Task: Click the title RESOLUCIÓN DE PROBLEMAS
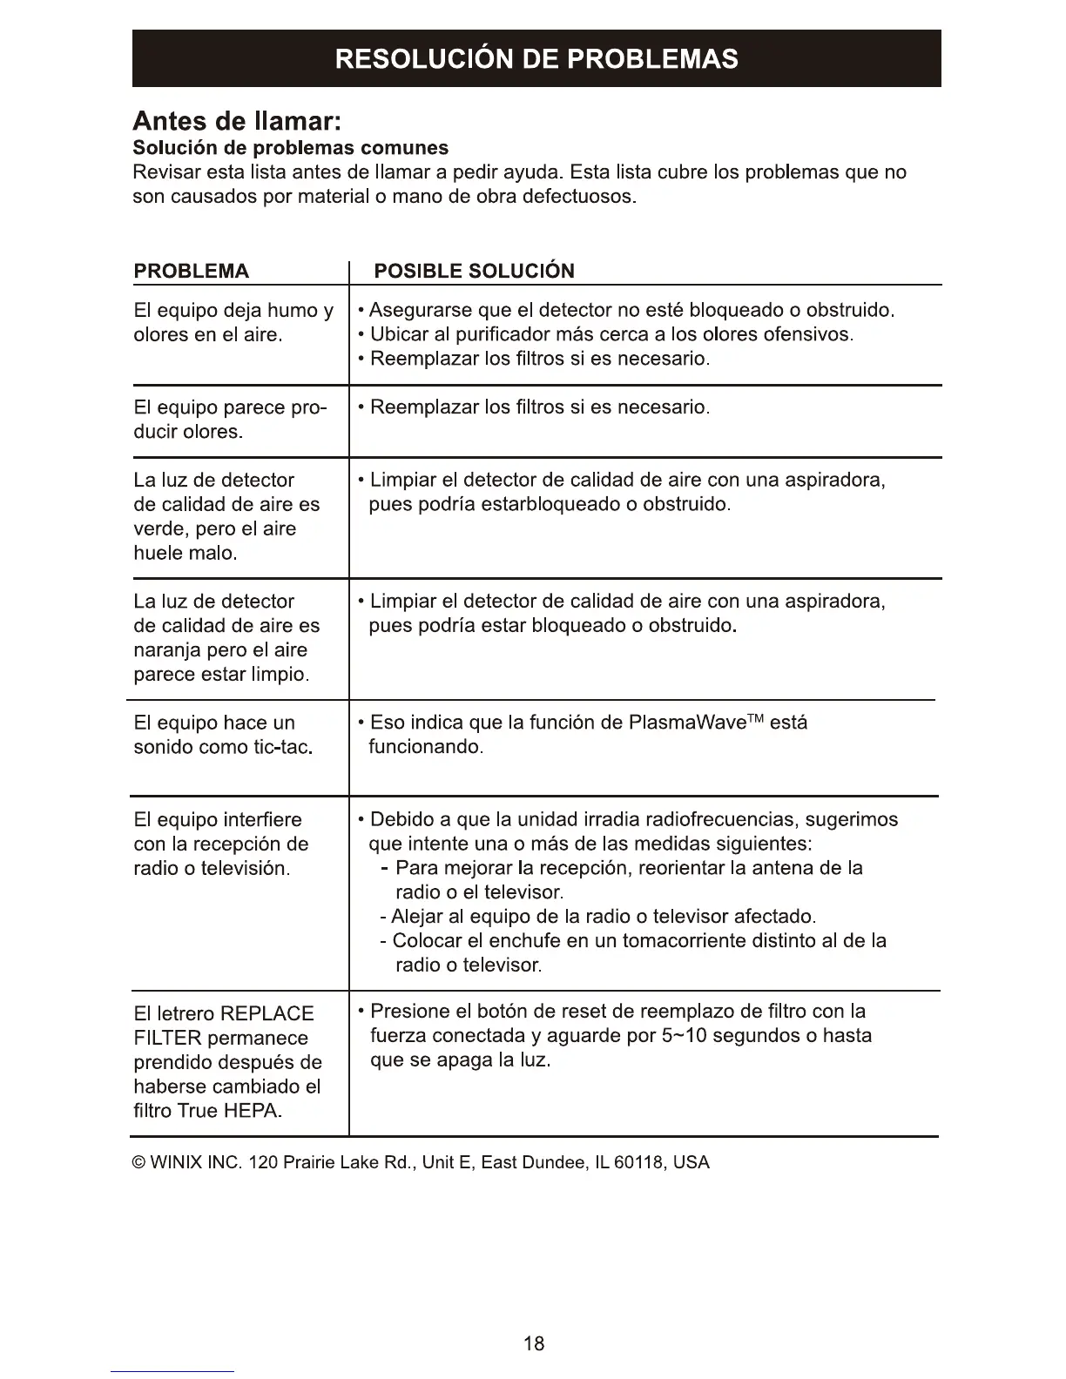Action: (536, 58)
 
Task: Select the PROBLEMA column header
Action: (191, 271)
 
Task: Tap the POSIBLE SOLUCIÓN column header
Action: (474, 271)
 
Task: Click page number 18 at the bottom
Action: (534, 1342)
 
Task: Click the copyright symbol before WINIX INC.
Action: (139, 1162)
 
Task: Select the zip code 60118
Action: (639, 1162)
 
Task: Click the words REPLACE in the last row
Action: (267, 1013)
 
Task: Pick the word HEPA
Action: (252, 1111)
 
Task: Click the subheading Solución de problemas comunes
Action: (291, 147)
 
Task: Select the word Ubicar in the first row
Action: (399, 334)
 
